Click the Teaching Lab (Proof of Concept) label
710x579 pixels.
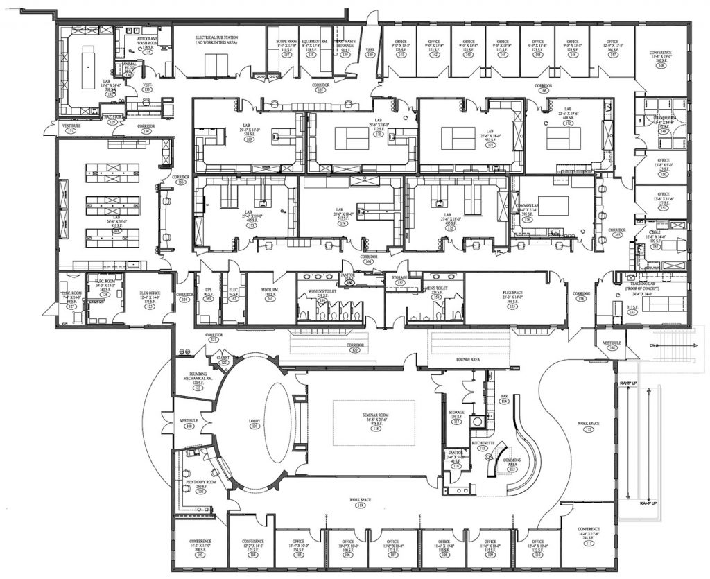[x=634, y=289]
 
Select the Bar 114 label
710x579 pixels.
[x=504, y=397]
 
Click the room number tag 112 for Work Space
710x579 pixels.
[x=589, y=430]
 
